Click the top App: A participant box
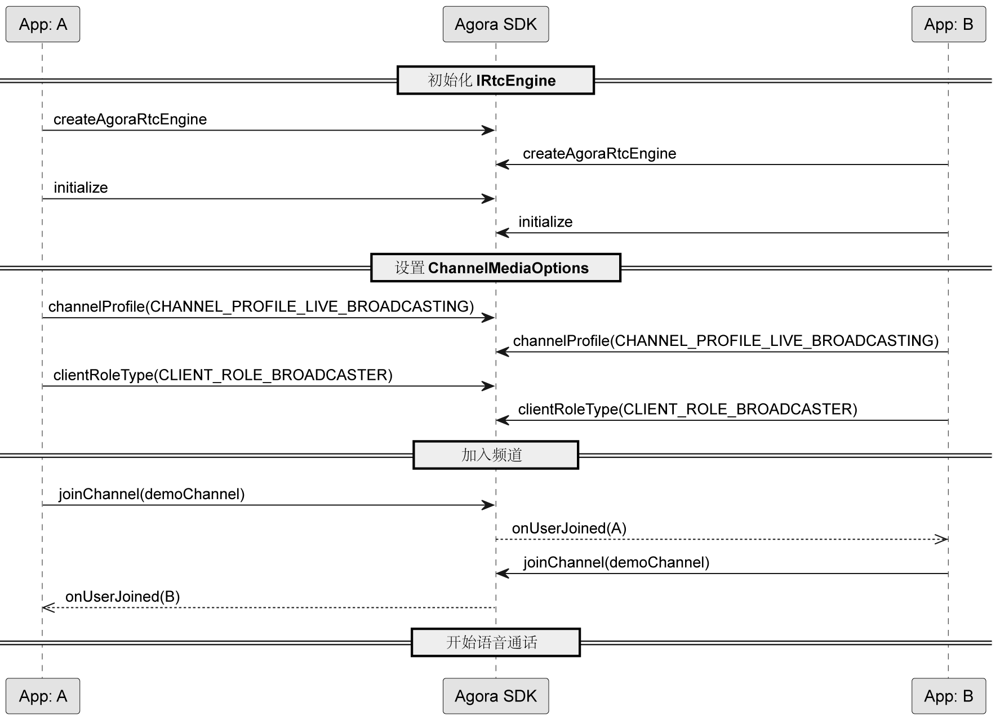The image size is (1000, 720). [43, 24]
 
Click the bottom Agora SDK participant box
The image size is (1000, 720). [496, 696]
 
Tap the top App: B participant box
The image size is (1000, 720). [949, 24]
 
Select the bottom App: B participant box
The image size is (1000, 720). [949, 696]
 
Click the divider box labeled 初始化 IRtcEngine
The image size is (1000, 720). [496, 81]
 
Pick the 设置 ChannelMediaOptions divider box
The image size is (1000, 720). [496, 268]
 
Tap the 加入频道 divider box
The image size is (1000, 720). [496, 455]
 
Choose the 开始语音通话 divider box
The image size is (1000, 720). [496, 642]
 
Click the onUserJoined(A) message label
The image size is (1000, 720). [569, 528]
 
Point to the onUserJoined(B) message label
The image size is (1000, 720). [123, 597]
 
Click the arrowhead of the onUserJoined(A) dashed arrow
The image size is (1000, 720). [942, 539]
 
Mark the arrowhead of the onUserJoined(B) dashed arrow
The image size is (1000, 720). [48, 608]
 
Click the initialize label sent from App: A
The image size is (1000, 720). [81, 188]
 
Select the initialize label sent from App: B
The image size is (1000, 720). [545, 222]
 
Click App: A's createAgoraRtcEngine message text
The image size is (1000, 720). [130, 119]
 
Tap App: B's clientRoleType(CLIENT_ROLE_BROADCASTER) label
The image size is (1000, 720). [688, 409]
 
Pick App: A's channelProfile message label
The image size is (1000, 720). [261, 306]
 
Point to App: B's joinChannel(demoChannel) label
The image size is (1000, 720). [616, 562]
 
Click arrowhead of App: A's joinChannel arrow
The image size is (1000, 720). [488, 505]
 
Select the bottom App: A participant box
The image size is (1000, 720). [43, 696]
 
